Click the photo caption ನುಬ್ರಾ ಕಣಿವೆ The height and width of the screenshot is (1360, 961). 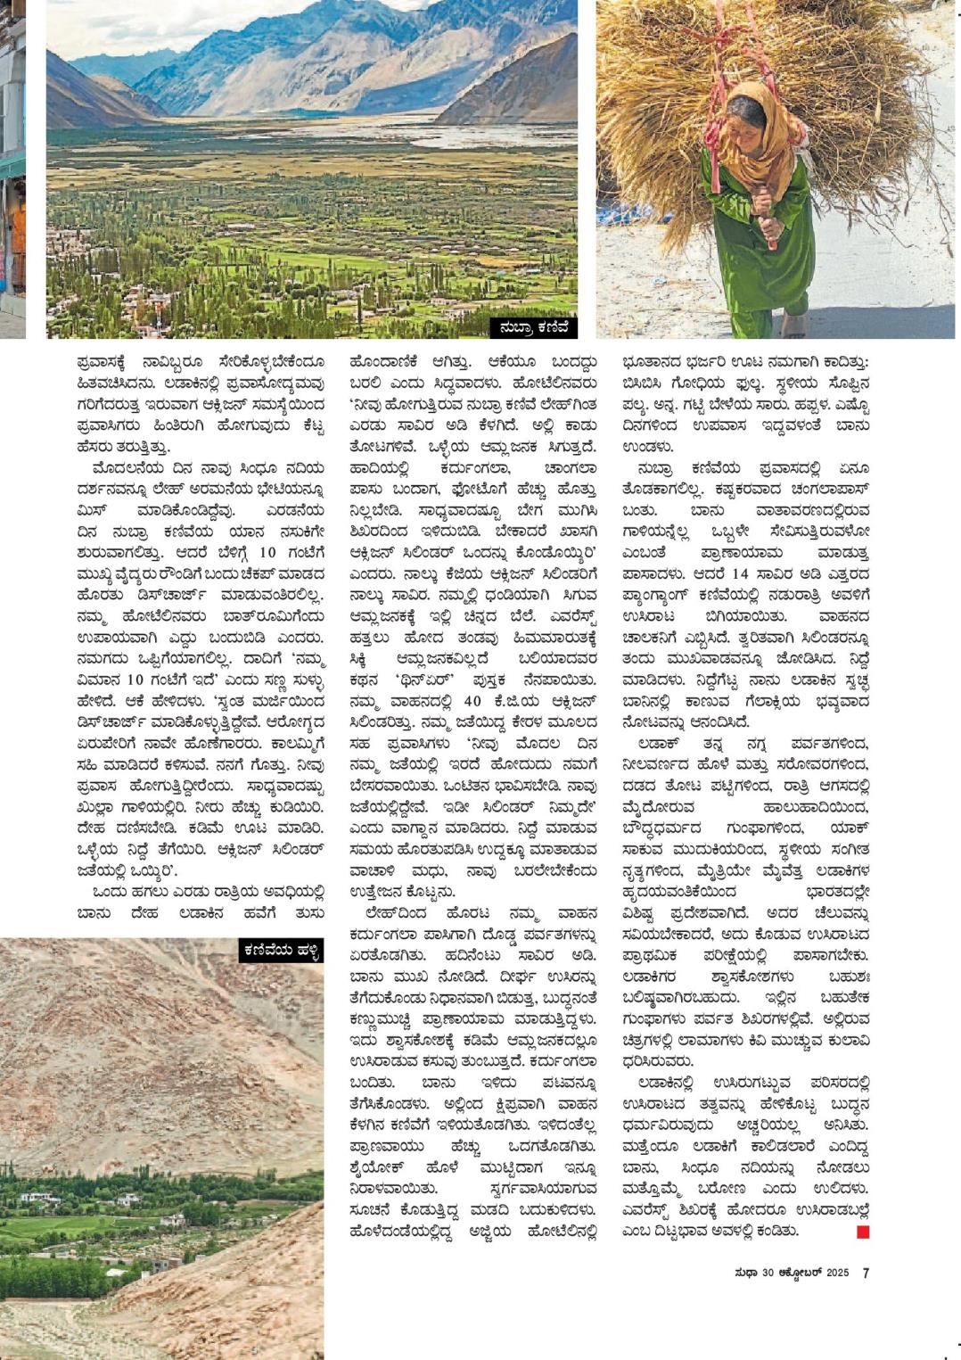pos(533,328)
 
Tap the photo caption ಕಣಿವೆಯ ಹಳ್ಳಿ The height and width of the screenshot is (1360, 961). pos(280,951)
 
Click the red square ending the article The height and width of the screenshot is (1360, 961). pos(862,1232)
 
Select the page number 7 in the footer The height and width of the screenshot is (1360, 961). pos(865,1273)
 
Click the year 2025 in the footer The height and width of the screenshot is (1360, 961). pos(837,1273)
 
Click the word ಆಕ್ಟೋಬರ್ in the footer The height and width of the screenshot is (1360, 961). pos(799,1273)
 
